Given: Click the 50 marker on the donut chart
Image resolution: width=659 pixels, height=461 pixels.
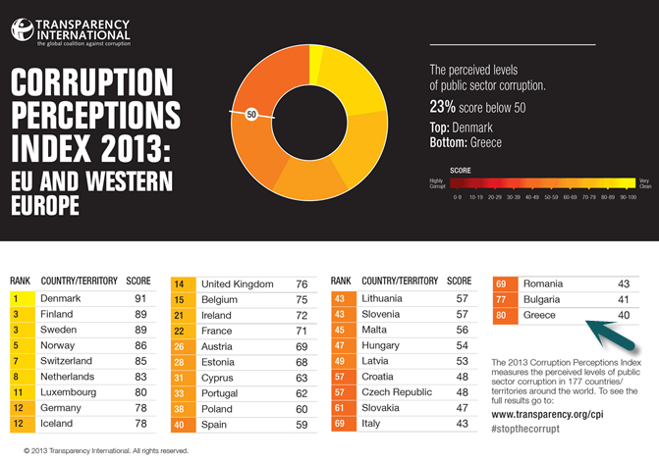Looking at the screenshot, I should coord(251,115).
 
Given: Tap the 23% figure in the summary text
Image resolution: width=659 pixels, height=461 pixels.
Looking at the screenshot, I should coord(444,107).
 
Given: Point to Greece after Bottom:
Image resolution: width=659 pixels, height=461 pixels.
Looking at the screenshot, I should coord(486,142).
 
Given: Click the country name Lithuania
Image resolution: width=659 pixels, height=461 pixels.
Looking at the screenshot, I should coord(389,298).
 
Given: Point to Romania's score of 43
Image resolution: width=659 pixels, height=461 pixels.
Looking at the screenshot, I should coord(622,283).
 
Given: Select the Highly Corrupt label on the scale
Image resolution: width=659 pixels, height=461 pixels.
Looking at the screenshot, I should coord(436,182).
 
